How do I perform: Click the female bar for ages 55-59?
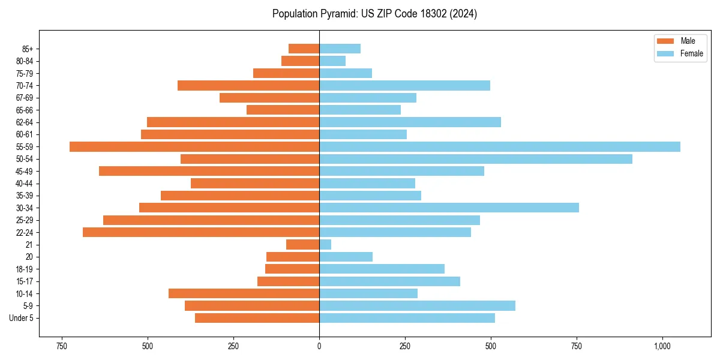(499, 147)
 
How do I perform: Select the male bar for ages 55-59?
(194, 147)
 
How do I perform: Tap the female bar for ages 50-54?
(475, 159)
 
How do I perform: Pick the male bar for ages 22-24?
(201, 232)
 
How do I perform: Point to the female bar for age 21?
(325, 245)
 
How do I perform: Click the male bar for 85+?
(304, 49)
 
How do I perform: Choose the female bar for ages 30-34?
(449, 208)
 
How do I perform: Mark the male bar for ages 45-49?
(209, 171)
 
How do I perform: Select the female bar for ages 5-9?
(417, 306)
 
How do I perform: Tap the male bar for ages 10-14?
(244, 293)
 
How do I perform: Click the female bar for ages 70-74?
(404, 85)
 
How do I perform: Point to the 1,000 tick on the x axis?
(662, 346)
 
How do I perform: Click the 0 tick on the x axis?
(319, 346)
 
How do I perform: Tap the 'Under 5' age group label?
(21, 318)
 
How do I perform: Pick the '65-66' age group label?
(25, 110)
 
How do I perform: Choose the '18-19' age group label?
(25, 269)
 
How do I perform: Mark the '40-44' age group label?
(25, 184)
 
